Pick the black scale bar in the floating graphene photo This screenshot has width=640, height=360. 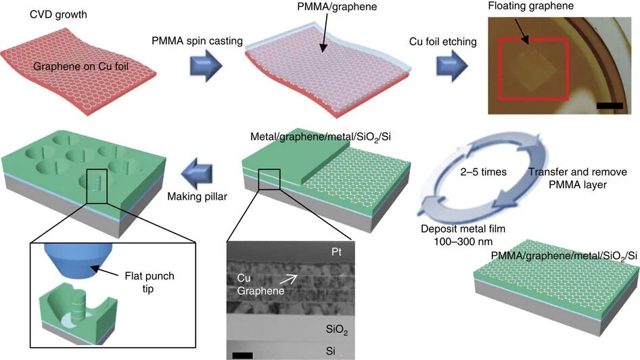[x=610, y=105]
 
